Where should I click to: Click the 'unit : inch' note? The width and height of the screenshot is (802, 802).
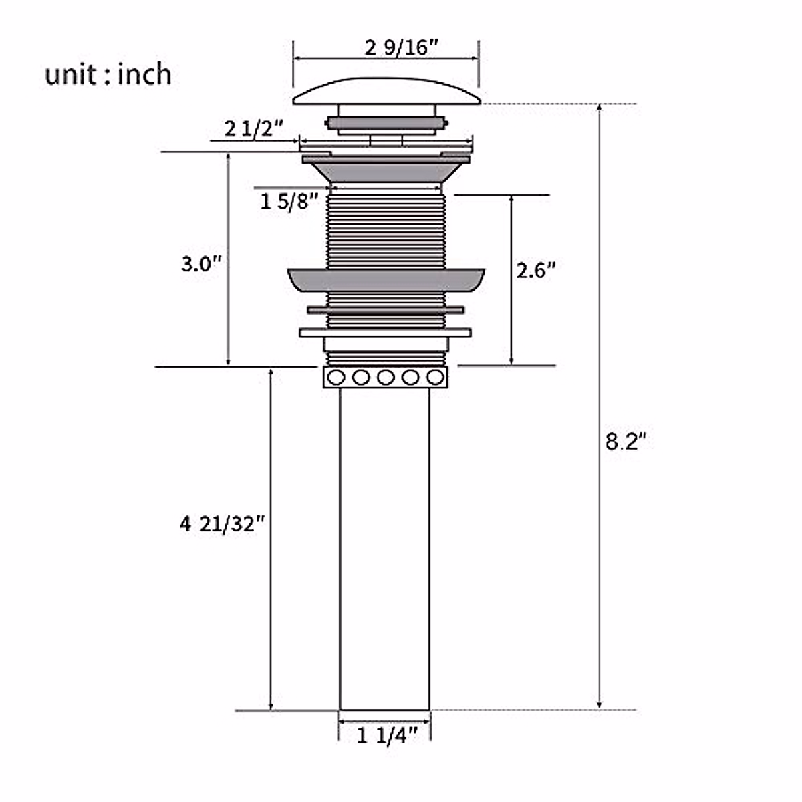108,75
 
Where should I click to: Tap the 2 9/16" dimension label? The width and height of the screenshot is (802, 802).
402,47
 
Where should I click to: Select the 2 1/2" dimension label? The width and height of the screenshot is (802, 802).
253,129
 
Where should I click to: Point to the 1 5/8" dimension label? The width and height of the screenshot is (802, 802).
289,202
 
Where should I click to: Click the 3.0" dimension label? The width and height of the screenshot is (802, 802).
201,264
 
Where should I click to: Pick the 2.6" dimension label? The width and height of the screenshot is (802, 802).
536,271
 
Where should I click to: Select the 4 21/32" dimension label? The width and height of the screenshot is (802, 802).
223,524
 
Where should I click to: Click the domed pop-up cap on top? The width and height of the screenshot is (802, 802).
387,91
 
